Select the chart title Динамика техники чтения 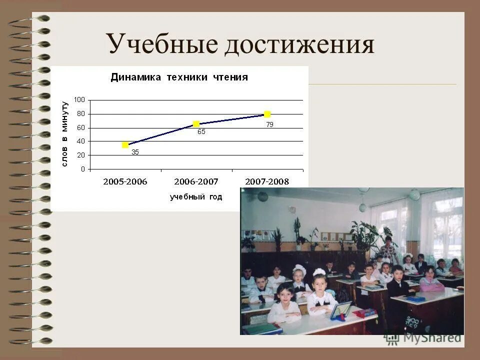tap(179, 77)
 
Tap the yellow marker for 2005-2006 tap(125, 145)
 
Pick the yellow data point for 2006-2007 tap(196, 124)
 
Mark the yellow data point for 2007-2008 tap(267, 114)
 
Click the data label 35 tap(135, 152)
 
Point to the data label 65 tap(201, 132)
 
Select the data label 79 tap(269, 125)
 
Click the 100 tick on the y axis tap(79, 100)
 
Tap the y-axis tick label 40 tap(81, 141)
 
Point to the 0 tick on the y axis tap(82, 169)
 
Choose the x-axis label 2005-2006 tap(125, 181)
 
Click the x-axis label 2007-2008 tap(267, 181)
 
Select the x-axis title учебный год tap(195, 197)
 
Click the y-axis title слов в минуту tap(64, 134)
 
